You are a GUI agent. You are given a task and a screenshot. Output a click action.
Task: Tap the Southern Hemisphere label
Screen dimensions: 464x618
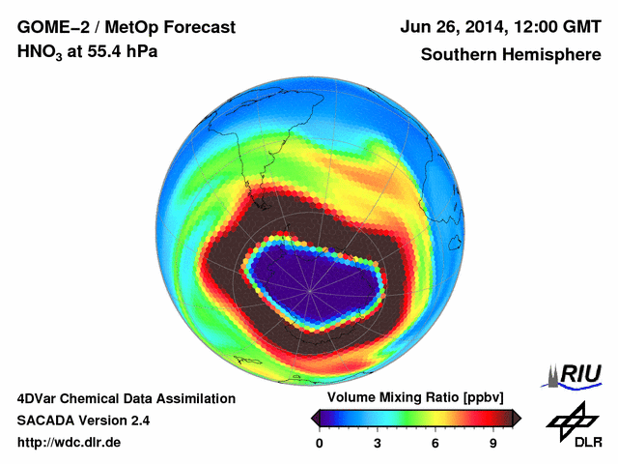tap(511, 55)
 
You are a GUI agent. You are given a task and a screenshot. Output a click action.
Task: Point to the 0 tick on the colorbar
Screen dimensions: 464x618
tap(320, 444)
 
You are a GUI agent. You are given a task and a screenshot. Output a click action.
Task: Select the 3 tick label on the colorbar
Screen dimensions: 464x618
tap(378, 444)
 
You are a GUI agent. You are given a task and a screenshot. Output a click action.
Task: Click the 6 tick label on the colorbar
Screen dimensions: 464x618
tap(435, 444)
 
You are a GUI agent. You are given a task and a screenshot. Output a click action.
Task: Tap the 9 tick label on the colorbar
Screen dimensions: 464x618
tap(493, 444)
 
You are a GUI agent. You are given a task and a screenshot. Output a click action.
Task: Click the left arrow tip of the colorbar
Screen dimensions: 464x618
tap(314, 418)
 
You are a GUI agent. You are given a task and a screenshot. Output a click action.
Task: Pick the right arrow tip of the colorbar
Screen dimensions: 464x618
tap(519, 418)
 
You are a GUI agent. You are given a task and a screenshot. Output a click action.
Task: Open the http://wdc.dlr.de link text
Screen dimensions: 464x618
tap(70, 443)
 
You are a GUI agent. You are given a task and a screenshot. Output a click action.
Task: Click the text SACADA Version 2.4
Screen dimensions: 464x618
tap(83, 420)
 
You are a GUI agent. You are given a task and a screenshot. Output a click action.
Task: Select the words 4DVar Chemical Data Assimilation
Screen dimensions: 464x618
tap(126, 398)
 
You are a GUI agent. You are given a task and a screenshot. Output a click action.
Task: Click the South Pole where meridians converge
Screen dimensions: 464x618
tap(311, 287)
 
